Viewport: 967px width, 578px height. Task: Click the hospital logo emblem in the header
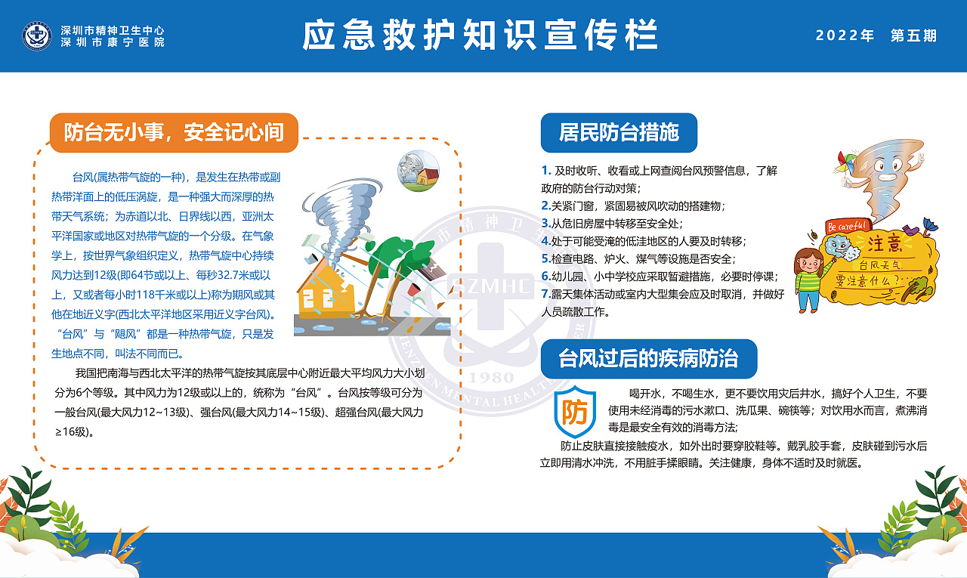pyautogui.click(x=37, y=36)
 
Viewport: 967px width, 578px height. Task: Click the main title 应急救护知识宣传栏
pyautogui.click(x=480, y=36)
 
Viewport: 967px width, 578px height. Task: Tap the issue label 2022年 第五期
pyautogui.click(x=876, y=36)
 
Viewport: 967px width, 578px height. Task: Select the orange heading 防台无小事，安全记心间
pyautogui.click(x=174, y=133)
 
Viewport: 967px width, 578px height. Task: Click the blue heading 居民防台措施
pyautogui.click(x=619, y=133)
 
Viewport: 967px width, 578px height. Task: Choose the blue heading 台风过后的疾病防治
pyautogui.click(x=648, y=358)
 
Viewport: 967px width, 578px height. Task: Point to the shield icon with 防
pyautogui.click(x=574, y=413)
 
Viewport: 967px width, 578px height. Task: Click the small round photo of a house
pyautogui.click(x=419, y=171)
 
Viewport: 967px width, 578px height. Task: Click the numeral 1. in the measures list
pyautogui.click(x=546, y=171)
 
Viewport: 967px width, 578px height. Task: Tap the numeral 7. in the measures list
pyautogui.click(x=545, y=293)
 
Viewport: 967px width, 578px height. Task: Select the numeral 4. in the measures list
pyautogui.click(x=545, y=241)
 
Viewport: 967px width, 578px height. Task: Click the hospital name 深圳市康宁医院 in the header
pyautogui.click(x=113, y=42)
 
